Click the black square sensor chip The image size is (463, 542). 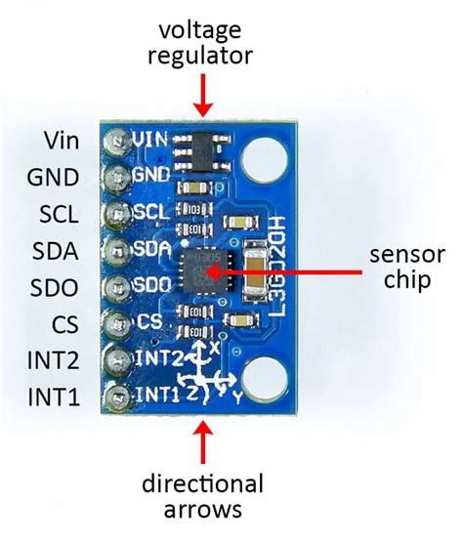200,266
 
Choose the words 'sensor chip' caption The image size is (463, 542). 401,266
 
